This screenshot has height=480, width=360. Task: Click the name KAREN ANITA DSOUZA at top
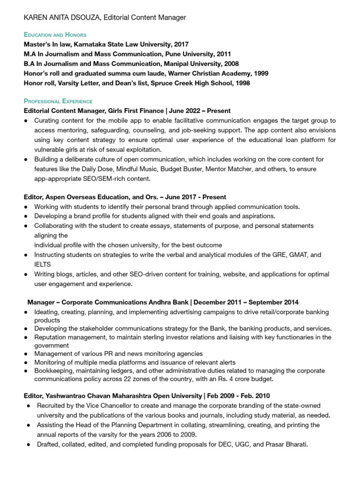pos(62,17)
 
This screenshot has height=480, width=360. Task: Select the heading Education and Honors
pos(55,35)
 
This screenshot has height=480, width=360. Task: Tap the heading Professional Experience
pos(58,101)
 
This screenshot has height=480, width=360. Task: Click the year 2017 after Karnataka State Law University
pos(181,45)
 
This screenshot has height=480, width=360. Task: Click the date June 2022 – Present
pos(199,111)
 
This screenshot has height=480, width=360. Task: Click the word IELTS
pos(43,264)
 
